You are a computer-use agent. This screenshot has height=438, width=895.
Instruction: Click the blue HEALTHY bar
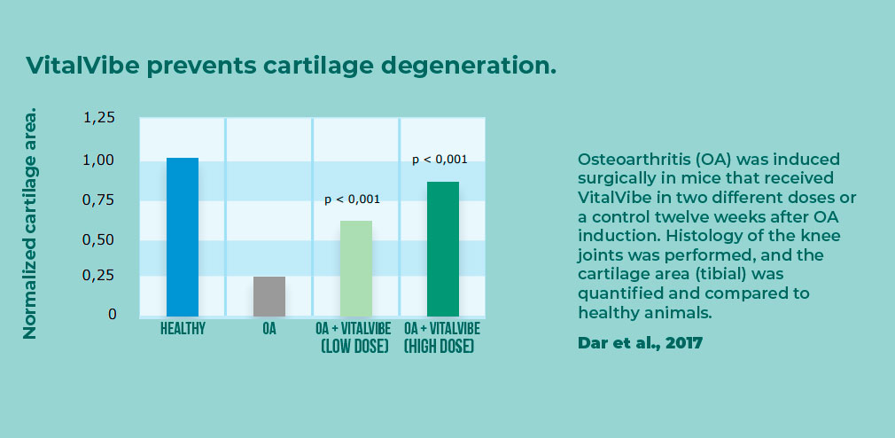click(x=182, y=237)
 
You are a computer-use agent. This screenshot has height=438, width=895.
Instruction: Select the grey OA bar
click(x=269, y=296)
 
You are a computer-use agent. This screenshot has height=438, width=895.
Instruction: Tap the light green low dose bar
click(x=356, y=269)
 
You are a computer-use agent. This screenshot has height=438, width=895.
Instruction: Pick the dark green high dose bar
click(x=443, y=249)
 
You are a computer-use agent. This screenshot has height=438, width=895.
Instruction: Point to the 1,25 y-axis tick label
click(x=99, y=118)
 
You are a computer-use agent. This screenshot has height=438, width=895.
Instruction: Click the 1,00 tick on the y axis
click(x=99, y=160)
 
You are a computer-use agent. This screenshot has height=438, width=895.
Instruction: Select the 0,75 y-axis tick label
click(x=99, y=200)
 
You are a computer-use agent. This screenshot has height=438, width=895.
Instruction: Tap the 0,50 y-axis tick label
click(x=99, y=240)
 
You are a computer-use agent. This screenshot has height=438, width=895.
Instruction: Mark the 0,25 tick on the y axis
click(x=99, y=276)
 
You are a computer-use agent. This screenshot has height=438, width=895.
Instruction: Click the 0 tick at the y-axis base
click(x=112, y=314)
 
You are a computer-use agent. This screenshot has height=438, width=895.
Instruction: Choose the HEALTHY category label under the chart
click(x=183, y=329)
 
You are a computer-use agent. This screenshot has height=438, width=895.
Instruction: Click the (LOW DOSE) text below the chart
click(x=354, y=346)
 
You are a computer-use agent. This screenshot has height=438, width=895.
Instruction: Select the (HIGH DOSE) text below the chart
click(x=439, y=346)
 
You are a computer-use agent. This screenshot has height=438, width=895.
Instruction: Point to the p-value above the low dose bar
click(x=352, y=199)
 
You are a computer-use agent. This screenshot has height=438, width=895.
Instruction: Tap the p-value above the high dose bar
click(x=440, y=160)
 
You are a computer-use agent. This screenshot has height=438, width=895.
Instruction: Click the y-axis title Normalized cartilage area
click(x=29, y=223)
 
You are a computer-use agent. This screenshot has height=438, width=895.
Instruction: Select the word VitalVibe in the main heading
click(x=82, y=66)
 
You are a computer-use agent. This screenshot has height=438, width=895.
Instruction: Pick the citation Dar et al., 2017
click(x=641, y=343)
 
